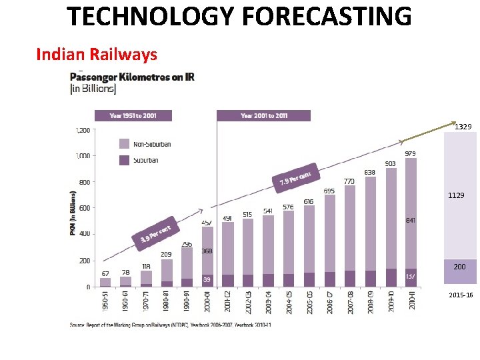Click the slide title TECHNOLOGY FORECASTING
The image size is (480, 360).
[239, 16]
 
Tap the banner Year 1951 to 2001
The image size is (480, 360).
[133, 115]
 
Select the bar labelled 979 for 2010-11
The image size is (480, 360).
[411, 220]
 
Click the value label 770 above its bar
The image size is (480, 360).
[349, 181]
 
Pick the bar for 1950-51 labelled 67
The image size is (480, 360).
[105, 282]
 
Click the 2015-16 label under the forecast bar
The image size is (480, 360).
[461, 295]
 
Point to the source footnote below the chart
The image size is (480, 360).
[170, 325]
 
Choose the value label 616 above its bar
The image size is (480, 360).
[308, 201]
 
